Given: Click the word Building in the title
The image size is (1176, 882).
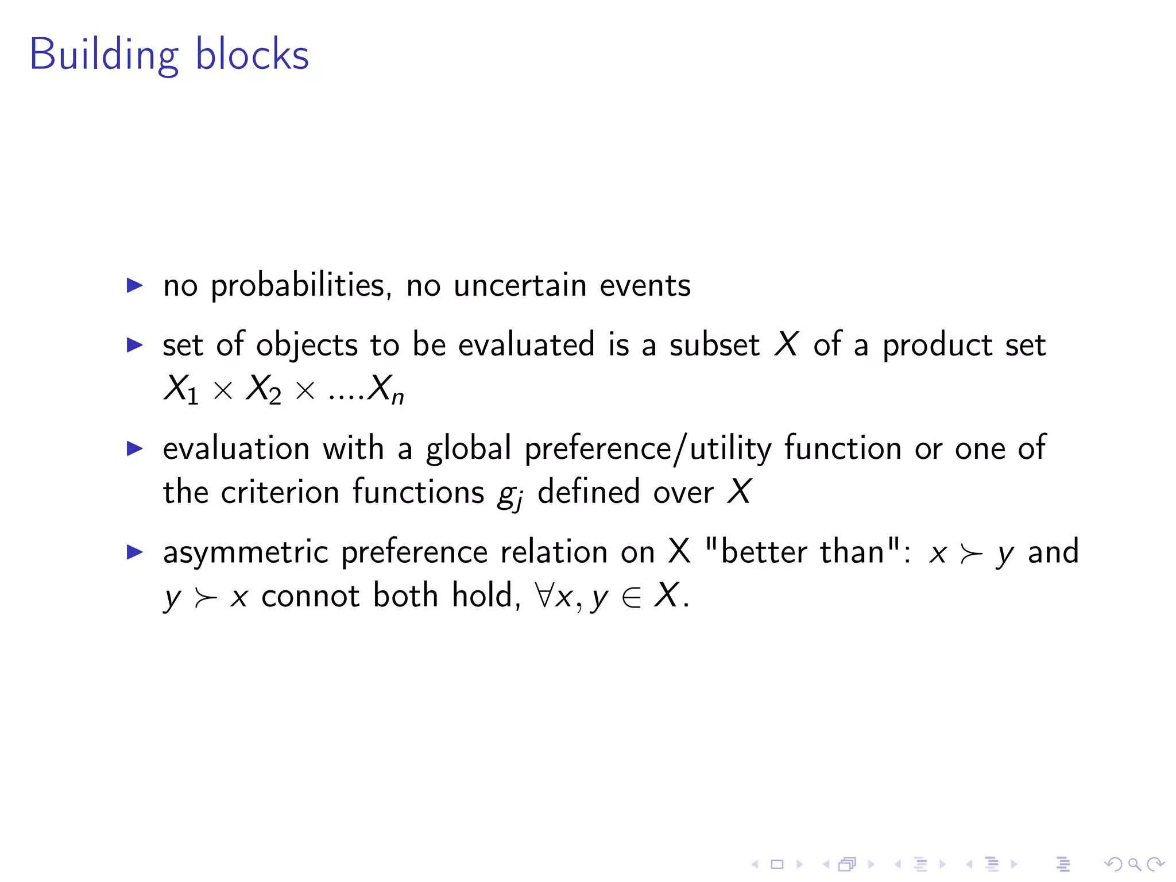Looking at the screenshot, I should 104,55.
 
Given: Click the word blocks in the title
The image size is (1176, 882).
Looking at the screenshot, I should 252,55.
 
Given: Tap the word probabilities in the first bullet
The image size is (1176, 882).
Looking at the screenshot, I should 301,285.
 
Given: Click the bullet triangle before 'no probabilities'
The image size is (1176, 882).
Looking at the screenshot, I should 134,285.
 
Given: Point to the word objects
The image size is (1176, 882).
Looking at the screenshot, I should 307,346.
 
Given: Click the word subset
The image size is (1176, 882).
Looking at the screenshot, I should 714,346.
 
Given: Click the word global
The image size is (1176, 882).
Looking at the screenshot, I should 468,448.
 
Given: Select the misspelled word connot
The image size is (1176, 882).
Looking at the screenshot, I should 310,595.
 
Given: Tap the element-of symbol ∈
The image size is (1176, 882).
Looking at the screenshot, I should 632,597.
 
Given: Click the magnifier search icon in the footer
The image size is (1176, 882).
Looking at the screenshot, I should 1134,864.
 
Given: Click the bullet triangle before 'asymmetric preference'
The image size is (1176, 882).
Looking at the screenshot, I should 134,552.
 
